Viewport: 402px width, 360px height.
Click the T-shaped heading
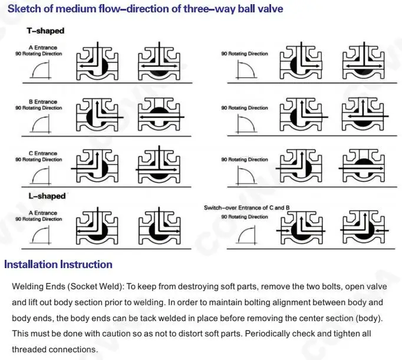coord(45,31)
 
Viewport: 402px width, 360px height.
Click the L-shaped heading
coord(47,196)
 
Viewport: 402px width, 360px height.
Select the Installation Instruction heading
coord(58,265)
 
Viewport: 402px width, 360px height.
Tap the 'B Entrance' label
coord(43,102)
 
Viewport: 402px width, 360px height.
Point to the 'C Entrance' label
coord(43,154)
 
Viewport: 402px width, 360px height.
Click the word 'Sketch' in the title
coord(25,9)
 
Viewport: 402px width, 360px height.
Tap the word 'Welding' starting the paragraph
coord(28,287)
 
